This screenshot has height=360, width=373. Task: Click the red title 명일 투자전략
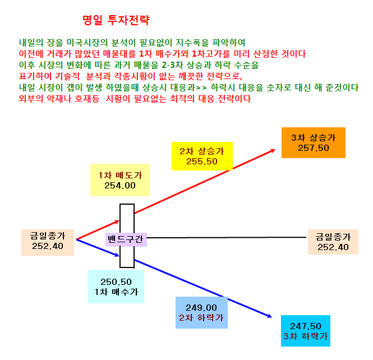pos(116,20)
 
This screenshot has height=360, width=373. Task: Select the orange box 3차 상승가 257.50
pos(314,142)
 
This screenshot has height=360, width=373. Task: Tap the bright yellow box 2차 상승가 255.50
pos(202,156)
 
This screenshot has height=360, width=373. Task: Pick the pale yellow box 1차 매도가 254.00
pos(120,180)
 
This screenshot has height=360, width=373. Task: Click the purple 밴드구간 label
pos(126,239)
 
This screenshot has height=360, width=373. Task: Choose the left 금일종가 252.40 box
pos(48,242)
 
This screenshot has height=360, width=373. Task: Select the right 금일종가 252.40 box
pos(333,242)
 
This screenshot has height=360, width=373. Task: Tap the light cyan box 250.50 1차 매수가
pos(116,287)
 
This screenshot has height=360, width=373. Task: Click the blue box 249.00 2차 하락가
pos(201,312)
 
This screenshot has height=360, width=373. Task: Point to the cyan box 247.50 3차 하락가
pos(306,331)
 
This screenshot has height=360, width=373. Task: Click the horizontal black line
pos(227,237)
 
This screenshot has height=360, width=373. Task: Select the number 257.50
pos(314,148)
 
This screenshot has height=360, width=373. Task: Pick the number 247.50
pos(306,326)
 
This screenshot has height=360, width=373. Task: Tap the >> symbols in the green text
pos(201,88)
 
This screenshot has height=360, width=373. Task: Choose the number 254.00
pos(120,186)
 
